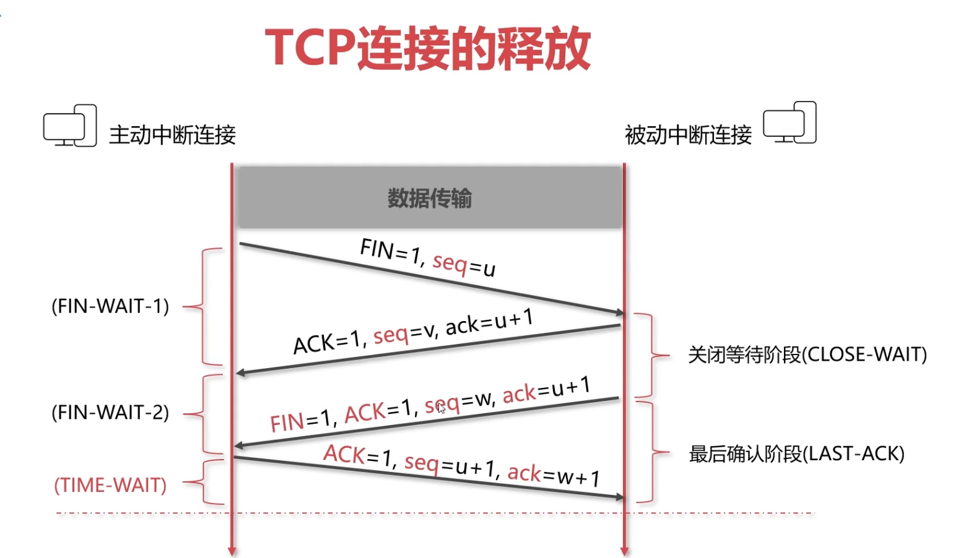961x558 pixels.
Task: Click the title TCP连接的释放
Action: (428, 48)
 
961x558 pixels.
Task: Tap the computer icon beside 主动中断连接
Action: (70, 126)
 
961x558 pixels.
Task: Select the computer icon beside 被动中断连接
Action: (789, 122)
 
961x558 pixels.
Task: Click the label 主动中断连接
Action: (172, 135)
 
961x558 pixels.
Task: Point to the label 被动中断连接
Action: (688, 135)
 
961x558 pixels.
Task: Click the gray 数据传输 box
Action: (430, 198)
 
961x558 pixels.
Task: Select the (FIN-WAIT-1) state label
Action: (110, 306)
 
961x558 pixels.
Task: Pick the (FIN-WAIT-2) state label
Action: (110, 412)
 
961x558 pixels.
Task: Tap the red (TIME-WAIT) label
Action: (110, 485)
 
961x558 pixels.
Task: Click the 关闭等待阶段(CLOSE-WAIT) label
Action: (807, 354)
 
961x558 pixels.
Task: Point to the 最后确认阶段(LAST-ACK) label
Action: (796, 454)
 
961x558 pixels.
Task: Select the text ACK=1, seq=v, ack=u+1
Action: (413, 332)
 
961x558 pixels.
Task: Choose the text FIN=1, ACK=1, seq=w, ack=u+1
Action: (430, 404)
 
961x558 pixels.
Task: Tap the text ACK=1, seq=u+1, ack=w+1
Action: (461, 465)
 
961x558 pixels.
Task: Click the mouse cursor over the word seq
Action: (441, 407)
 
